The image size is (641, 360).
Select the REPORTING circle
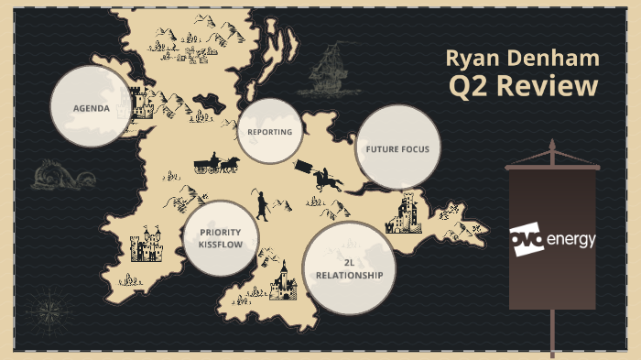tap(269, 132)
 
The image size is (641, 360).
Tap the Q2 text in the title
tap(470, 87)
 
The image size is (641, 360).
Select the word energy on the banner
tap(570, 241)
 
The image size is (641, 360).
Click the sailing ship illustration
tap(326, 71)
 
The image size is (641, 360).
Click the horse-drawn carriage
tap(216, 164)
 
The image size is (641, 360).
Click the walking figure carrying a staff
tap(261, 204)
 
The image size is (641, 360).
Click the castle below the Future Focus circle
tap(406, 214)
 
